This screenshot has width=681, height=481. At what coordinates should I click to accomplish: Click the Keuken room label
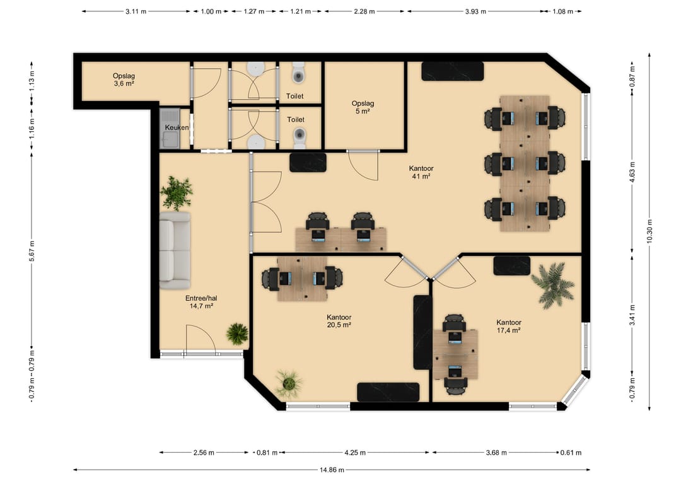pos(177,127)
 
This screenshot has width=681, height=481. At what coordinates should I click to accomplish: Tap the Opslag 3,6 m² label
pos(124,79)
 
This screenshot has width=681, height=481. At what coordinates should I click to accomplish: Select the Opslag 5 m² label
pos(363,107)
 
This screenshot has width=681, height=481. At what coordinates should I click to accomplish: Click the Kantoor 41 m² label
pos(421,172)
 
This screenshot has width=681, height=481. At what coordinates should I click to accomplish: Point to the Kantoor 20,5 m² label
pos(339,321)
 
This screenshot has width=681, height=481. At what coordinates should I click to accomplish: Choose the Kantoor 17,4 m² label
pos(509,326)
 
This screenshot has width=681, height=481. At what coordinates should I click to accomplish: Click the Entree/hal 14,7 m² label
pos(201,302)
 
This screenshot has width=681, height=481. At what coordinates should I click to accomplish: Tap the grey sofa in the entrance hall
pos(175,250)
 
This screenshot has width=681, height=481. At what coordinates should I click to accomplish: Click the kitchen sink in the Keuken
pos(170,129)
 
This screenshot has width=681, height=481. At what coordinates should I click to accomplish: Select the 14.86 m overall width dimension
pos(332,470)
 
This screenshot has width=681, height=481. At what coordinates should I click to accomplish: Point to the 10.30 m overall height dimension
pos(649,231)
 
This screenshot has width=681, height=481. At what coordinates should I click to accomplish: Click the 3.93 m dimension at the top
pos(475,11)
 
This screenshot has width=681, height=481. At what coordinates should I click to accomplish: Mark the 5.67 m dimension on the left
pos(32,250)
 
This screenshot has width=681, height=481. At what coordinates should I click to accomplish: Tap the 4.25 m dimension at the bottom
pos(355,453)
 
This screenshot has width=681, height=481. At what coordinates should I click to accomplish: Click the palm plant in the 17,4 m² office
pos(553,285)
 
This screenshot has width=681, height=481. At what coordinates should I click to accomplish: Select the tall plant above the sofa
pos(177,193)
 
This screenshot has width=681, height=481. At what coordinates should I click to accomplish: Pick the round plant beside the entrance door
pos(237,334)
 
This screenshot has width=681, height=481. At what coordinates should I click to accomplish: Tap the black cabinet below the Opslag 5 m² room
pos(308,163)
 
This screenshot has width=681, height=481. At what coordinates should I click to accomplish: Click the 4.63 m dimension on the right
pos(632,172)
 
